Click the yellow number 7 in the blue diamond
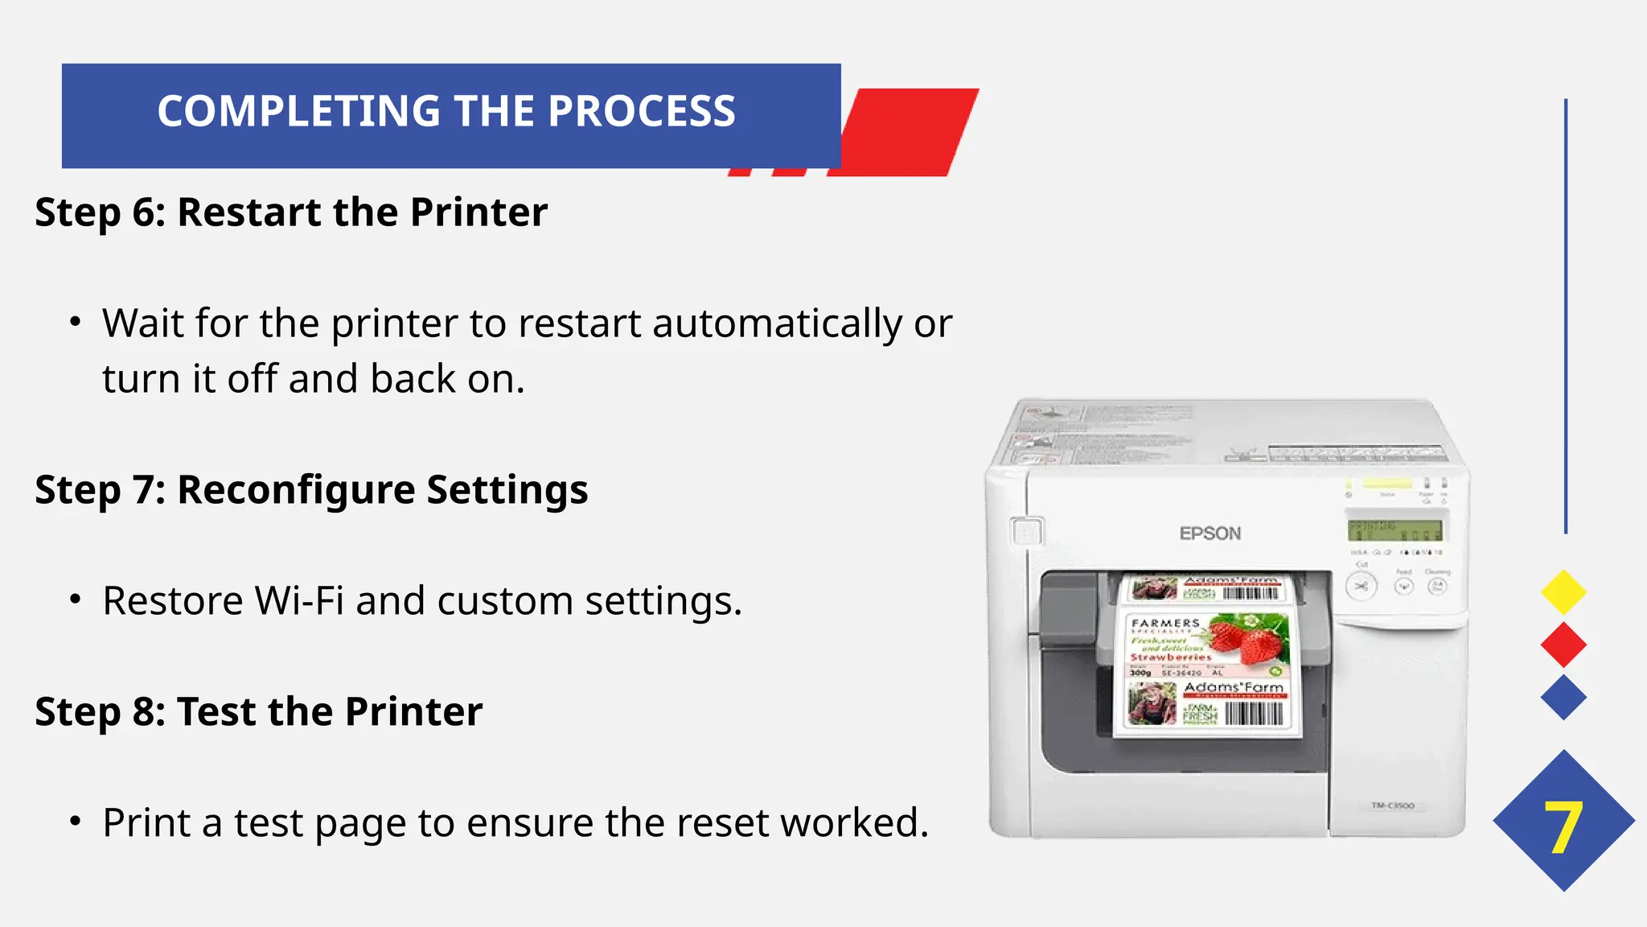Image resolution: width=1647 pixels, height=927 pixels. click(1563, 828)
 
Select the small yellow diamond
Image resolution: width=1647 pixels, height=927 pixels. click(1563, 592)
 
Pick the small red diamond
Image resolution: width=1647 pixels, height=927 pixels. click(1563, 645)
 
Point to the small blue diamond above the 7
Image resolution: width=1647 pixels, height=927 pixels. click(1563, 697)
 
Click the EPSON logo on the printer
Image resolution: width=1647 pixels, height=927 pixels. click(1210, 534)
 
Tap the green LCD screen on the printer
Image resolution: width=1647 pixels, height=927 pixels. click(1394, 530)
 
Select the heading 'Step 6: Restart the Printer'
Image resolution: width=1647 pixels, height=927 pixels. click(290, 212)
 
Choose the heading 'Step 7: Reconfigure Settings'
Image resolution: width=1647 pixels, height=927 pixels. click(311, 489)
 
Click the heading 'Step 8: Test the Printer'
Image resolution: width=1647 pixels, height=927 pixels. click(258, 711)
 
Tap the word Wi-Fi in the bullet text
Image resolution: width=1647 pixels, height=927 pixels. click(299, 601)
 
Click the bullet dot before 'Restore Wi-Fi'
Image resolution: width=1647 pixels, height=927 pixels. click(76, 599)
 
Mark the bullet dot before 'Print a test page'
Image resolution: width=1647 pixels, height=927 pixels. click(76, 822)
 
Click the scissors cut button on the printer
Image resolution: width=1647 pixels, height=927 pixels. click(1361, 587)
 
